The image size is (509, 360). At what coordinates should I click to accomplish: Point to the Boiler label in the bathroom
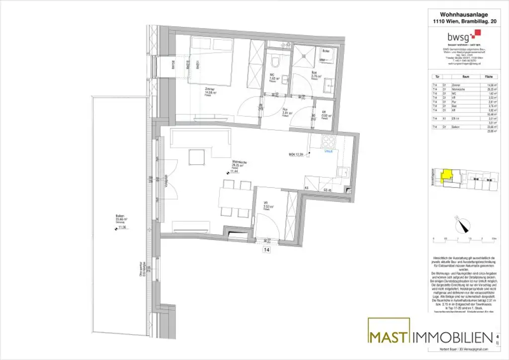coord(326,51)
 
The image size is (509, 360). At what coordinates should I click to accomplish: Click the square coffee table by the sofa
coord(196,158)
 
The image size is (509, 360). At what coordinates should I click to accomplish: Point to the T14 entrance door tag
coord(267,250)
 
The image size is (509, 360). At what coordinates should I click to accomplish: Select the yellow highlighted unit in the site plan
coord(447,175)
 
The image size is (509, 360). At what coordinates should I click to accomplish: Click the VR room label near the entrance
coord(266,203)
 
